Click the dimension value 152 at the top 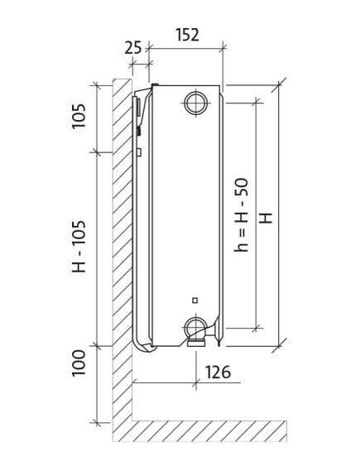pos(188,34)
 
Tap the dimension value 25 pos(133,47)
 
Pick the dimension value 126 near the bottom pos(218,372)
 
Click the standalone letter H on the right pos(265,218)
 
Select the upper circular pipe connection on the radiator pos(197,103)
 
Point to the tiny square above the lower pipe pos(194,299)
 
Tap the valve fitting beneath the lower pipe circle pos(197,339)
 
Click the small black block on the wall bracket pos(139,129)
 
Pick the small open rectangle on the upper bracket pos(140,151)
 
